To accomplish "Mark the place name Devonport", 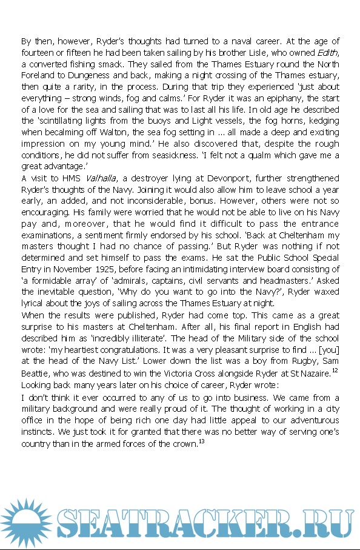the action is (210, 178).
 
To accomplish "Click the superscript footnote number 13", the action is (202, 441).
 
